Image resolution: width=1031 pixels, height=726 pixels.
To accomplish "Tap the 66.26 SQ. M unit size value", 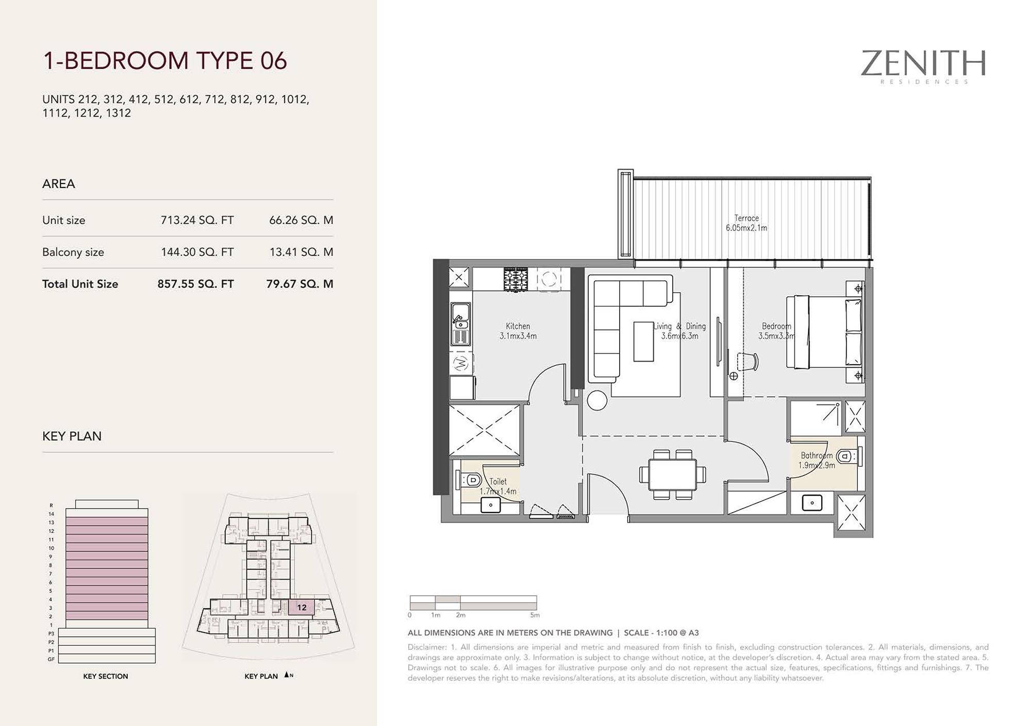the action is pos(301,220).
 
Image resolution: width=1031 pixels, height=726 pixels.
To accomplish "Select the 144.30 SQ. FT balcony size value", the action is pos(197,252).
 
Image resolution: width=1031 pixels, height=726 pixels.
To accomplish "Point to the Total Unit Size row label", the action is pos(80,284).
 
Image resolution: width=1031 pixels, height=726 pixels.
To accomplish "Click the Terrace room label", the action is pos(746,218).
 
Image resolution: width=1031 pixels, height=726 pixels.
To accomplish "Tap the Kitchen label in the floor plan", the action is pos(518,326).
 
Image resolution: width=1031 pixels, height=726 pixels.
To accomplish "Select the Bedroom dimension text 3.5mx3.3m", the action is pos(776,336).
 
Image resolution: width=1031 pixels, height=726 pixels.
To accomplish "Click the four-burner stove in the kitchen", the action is pos(516,279).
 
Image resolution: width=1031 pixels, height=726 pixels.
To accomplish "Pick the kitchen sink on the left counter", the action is pos(460,316).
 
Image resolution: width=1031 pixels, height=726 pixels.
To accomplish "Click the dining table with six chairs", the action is pos(672,475).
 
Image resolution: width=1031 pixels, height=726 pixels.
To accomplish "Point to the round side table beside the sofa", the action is pos(597,401).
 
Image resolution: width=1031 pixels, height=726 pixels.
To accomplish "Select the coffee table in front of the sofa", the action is pos(643,342).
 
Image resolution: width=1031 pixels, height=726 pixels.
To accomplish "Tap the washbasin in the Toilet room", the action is pos(491,505).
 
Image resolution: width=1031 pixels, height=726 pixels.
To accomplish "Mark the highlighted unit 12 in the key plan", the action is pos(302,607).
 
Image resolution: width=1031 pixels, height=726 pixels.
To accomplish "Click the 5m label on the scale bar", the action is pos(535,615).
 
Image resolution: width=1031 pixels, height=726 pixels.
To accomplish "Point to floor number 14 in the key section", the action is pos(52,514).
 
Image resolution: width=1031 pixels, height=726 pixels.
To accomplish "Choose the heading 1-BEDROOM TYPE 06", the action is pos(164,60).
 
